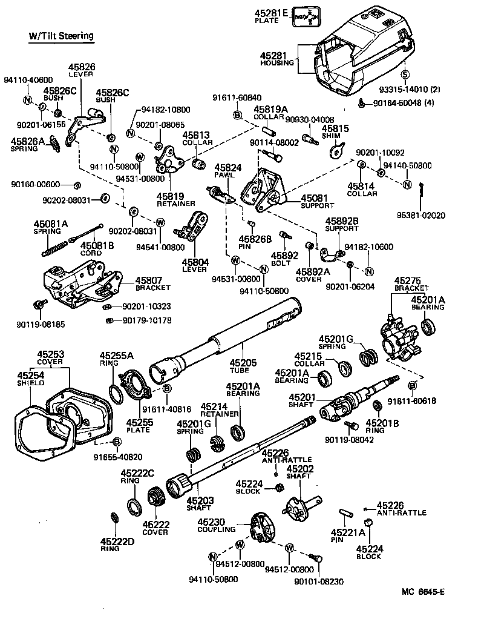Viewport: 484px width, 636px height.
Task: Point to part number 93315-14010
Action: click(x=409, y=90)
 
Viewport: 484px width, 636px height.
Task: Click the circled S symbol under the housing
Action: click(x=405, y=75)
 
